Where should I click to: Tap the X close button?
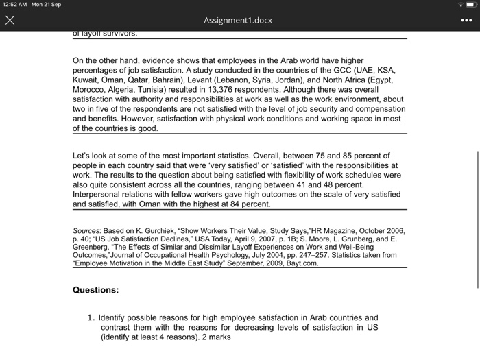[x=10, y=21]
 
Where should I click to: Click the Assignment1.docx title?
[x=237, y=21]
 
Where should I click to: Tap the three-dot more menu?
[x=466, y=21]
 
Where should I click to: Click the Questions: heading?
[x=96, y=290]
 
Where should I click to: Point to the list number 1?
[x=91, y=318]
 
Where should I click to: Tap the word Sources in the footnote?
[x=88, y=230]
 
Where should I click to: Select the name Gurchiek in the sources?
[x=158, y=230]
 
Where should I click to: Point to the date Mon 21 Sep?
[x=47, y=5]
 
